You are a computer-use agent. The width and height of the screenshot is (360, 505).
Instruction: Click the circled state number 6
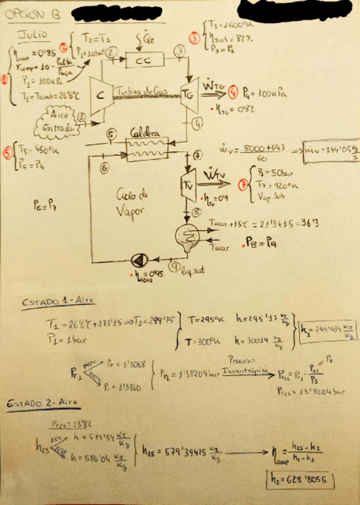[x=105, y=168]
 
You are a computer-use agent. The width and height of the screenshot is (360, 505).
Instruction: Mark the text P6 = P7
[x=46, y=206]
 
